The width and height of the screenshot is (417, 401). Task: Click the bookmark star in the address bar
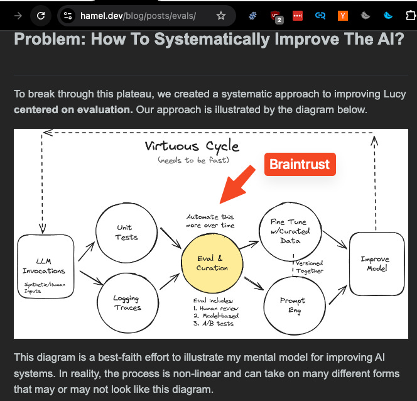(x=220, y=16)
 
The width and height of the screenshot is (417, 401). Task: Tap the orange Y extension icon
(x=342, y=16)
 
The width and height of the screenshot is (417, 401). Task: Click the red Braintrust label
(x=300, y=165)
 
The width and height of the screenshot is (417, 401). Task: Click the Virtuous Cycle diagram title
(x=192, y=146)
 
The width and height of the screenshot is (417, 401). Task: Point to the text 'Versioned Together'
(x=308, y=266)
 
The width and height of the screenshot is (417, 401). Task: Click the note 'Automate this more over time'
(x=210, y=221)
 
